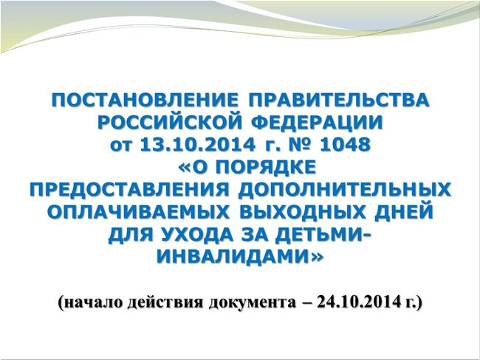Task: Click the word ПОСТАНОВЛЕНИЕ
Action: click(x=145, y=100)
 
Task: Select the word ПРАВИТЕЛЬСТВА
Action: click(x=339, y=100)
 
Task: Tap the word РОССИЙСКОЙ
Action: click(x=170, y=123)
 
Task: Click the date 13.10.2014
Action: click(x=197, y=145)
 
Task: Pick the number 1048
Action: click(x=344, y=145)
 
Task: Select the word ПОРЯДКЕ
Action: click(x=267, y=167)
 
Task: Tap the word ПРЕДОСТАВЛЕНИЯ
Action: click(x=129, y=190)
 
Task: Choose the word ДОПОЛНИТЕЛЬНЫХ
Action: click(x=345, y=190)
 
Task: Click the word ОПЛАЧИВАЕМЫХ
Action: click(x=138, y=211)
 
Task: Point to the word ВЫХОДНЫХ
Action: click(x=303, y=211)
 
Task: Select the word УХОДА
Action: click(x=199, y=234)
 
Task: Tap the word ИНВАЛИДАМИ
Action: click(x=235, y=257)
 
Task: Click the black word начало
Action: click(x=93, y=302)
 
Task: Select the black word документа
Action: click(x=253, y=303)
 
